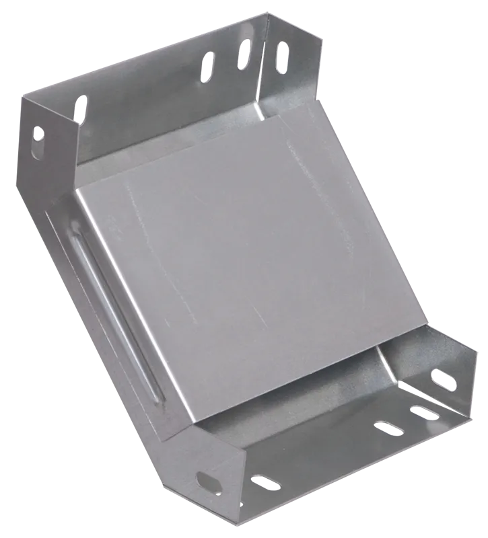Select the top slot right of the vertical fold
pyautogui.click(x=281, y=56)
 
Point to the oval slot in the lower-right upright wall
pyautogui.click(x=442, y=379)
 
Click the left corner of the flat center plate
pyautogui.click(x=75, y=192)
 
